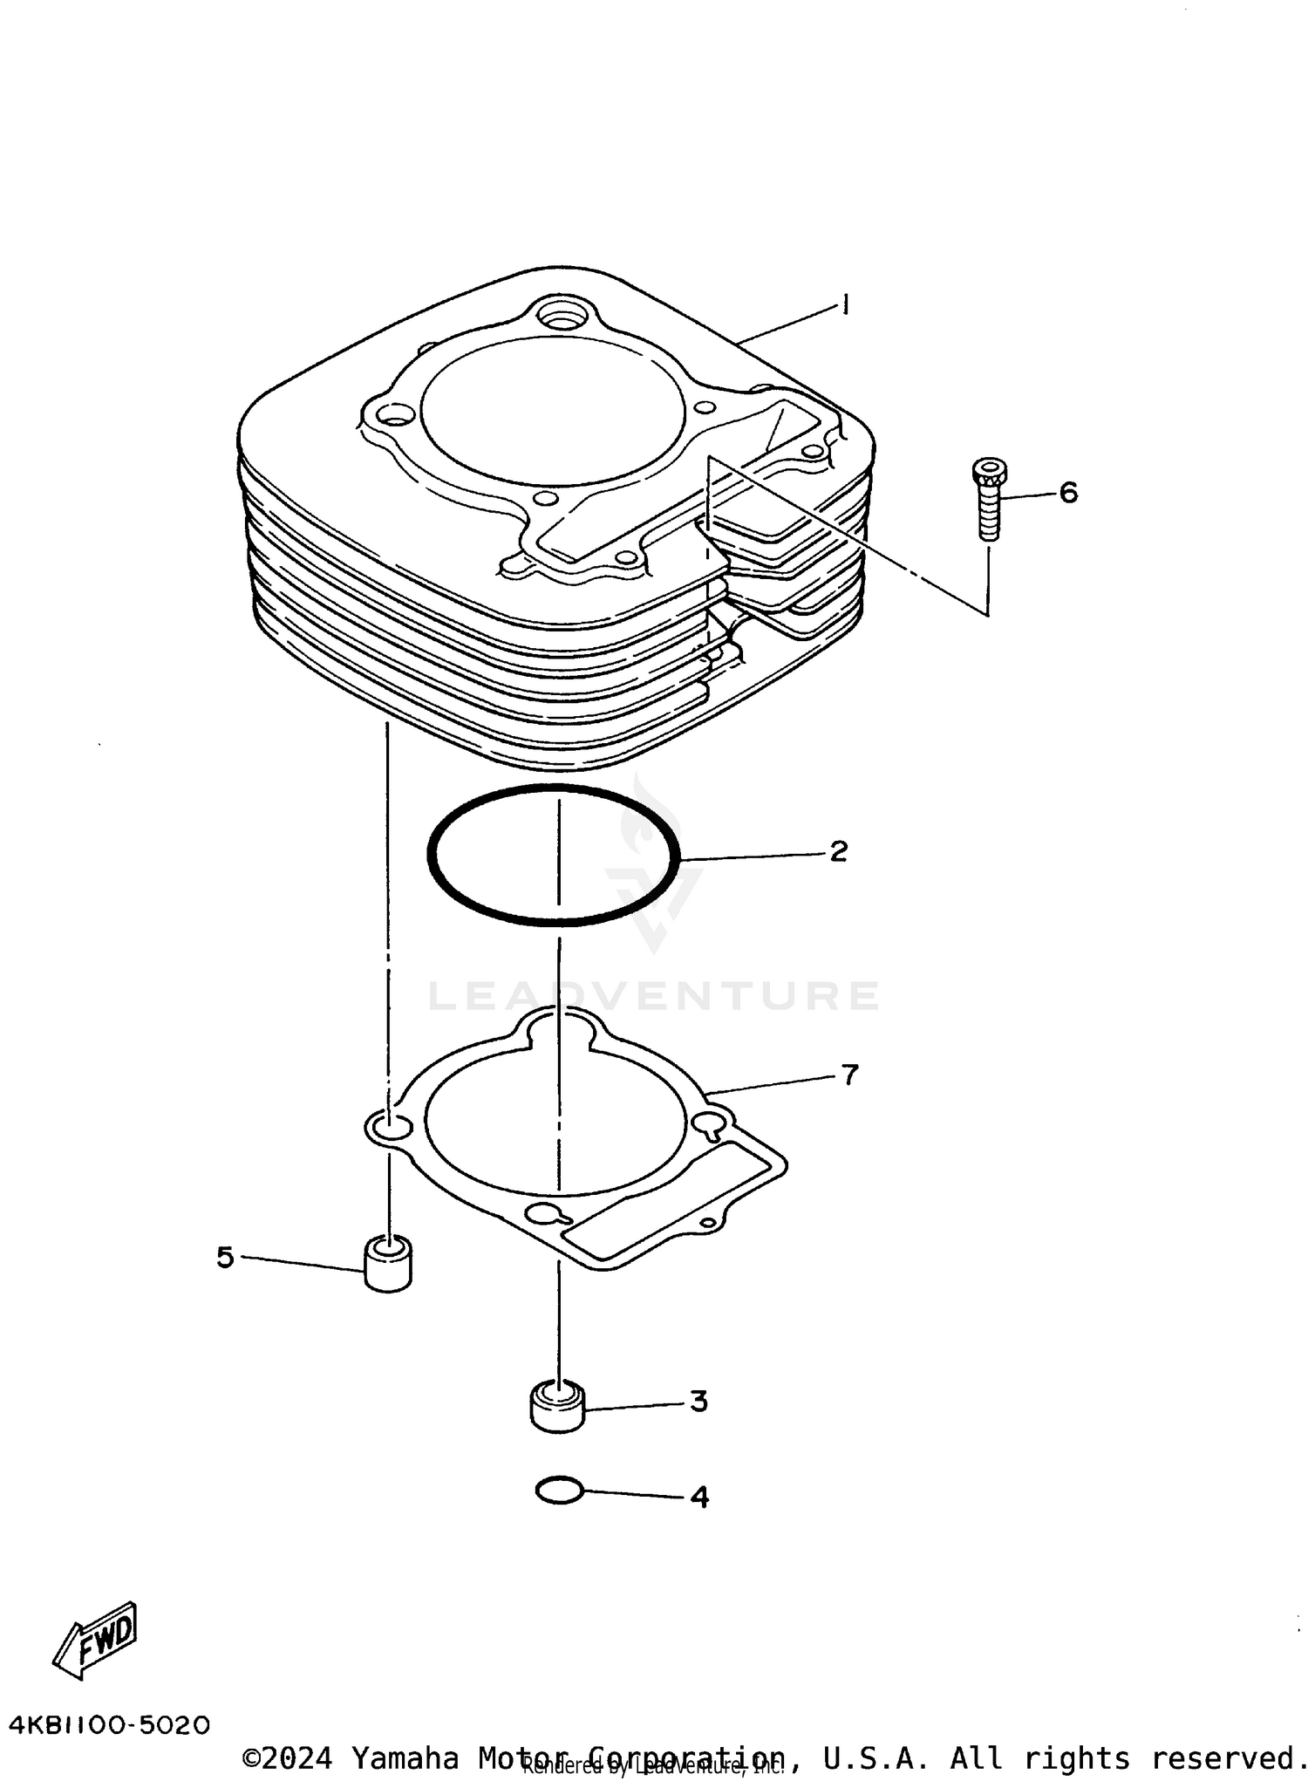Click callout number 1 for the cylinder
pyautogui.click(x=845, y=305)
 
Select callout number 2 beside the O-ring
pyautogui.click(x=838, y=851)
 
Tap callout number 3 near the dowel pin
pyautogui.click(x=698, y=1402)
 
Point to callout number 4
pyautogui.click(x=699, y=1498)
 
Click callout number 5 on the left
pyautogui.click(x=225, y=1258)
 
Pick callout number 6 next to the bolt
pyautogui.click(x=1068, y=493)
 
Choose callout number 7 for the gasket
pyautogui.click(x=850, y=1075)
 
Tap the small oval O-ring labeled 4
pyautogui.click(x=559, y=1491)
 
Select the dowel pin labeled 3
pyautogui.click(x=557, y=1406)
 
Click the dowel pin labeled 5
pyautogui.click(x=387, y=1265)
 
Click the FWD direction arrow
pyautogui.click(x=96, y=1640)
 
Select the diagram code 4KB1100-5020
pyautogui.click(x=110, y=1725)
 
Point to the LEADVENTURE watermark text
pyautogui.click(x=654, y=996)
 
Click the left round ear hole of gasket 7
pyautogui.click(x=389, y=1128)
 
